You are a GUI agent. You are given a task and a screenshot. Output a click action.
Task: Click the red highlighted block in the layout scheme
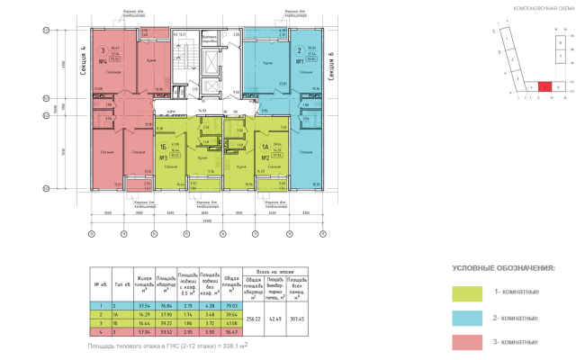[546, 86]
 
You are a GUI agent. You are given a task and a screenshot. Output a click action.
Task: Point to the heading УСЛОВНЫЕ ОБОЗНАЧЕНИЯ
[503, 268]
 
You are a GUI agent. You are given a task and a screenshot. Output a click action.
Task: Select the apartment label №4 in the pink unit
[103, 60]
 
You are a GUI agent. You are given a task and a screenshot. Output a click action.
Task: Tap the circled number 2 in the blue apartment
[298, 51]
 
